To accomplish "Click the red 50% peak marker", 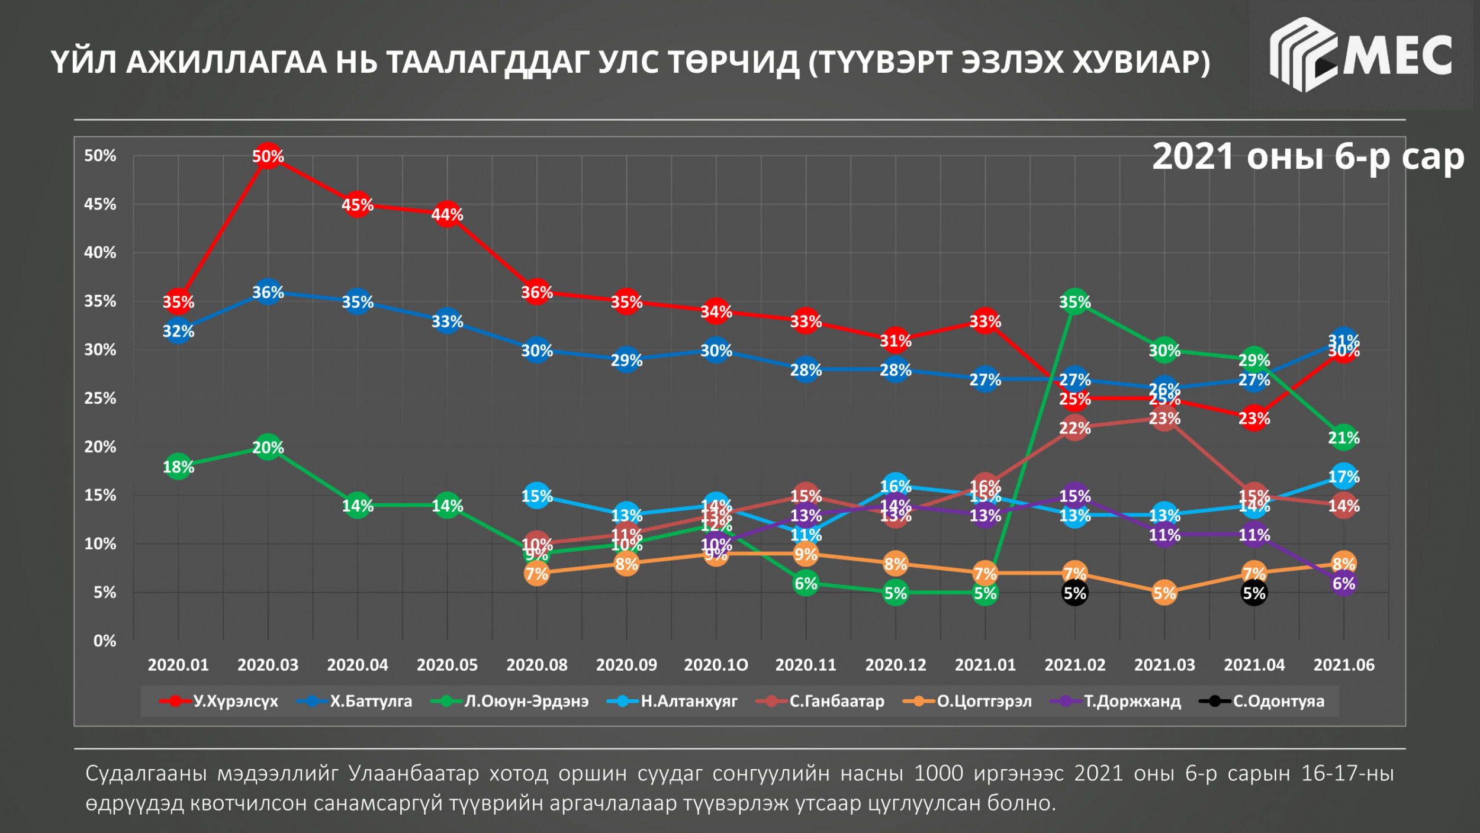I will click(x=268, y=156).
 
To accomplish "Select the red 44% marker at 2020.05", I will click(x=447, y=214).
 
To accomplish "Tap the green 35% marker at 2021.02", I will click(x=1074, y=301).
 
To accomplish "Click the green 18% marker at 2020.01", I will click(x=178, y=467).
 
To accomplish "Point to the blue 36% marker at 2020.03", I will click(x=268, y=292).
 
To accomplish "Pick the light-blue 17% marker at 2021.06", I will click(x=1343, y=476).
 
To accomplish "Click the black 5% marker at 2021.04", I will click(x=1254, y=593).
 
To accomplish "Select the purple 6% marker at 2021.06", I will click(x=1343, y=583).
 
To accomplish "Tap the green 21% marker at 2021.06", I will click(x=1343, y=438).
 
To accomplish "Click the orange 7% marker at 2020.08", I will click(x=536, y=573).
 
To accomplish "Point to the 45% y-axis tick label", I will click(x=100, y=204).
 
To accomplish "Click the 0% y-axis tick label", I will click(x=105, y=641).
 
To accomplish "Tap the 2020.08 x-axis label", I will click(x=536, y=665).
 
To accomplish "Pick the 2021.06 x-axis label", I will click(x=1343, y=665).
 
